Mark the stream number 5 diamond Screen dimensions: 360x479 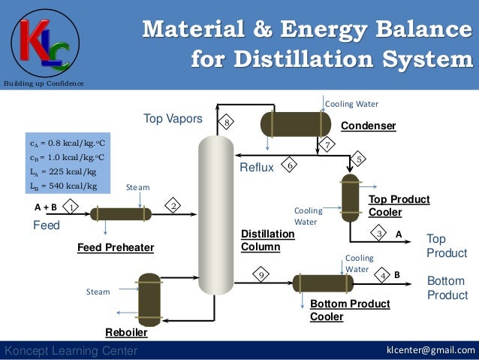point(360,159)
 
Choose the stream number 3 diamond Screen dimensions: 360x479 point(381,234)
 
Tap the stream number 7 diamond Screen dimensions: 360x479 point(327,143)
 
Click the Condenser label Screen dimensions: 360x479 point(368,126)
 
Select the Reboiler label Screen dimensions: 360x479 point(126,331)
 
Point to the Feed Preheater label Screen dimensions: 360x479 point(116,247)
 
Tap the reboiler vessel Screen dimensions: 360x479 point(149,298)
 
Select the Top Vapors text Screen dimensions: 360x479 point(173,119)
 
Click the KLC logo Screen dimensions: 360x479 point(41,44)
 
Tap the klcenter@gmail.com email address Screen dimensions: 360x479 point(430,351)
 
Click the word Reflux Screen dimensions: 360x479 point(257,168)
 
